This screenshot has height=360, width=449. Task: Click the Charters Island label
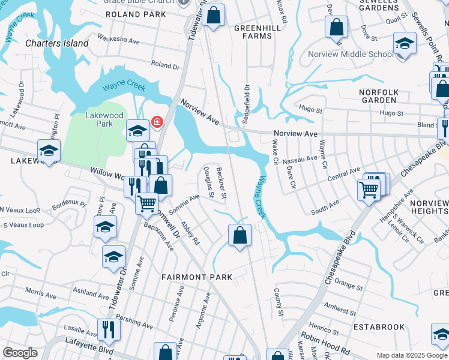click(x=57, y=43)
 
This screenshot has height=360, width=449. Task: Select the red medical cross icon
click(x=157, y=122)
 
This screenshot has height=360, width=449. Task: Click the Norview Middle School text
click(x=351, y=54)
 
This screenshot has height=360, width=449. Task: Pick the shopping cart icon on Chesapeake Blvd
click(x=368, y=189)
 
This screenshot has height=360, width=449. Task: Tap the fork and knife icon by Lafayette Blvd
click(x=109, y=328)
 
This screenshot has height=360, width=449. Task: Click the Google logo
click(x=20, y=353)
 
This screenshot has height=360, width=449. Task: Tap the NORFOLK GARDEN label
click(x=378, y=96)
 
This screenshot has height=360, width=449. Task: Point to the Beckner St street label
click(x=221, y=183)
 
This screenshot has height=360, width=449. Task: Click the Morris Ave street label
click(x=41, y=293)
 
